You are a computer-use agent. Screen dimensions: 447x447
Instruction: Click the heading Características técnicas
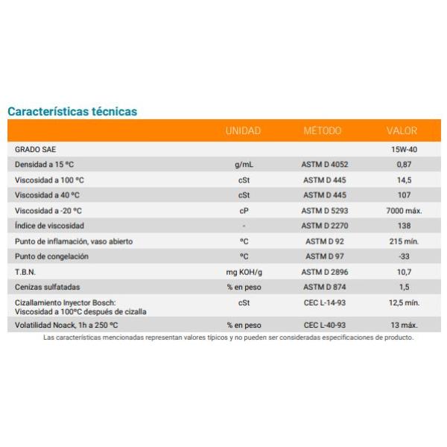click(72, 112)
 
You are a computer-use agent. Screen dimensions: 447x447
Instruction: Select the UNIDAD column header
click(243, 131)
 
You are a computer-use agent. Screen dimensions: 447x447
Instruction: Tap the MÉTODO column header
click(322, 130)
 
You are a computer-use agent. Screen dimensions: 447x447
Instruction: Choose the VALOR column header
click(402, 131)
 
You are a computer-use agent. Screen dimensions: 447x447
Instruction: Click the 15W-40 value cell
click(405, 150)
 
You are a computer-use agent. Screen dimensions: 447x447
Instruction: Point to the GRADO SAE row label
click(35, 150)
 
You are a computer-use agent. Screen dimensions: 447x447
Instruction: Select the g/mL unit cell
click(244, 165)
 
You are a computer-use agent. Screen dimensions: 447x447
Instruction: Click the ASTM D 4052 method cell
click(325, 165)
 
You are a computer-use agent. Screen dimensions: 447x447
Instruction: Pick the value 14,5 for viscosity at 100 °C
click(405, 180)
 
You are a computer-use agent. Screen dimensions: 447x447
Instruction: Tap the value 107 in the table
click(405, 195)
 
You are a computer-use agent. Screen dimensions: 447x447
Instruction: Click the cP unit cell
click(244, 211)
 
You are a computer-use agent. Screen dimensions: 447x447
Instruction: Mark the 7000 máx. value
click(404, 211)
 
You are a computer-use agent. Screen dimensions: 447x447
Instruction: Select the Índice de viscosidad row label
click(49, 226)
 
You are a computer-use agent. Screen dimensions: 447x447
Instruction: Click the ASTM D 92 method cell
click(325, 241)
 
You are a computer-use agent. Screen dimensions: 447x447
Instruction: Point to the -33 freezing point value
click(405, 256)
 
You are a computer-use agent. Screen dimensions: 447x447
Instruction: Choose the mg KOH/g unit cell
click(244, 273)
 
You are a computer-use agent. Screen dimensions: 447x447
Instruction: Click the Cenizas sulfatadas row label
click(48, 287)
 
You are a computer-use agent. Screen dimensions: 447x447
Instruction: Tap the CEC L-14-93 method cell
click(325, 302)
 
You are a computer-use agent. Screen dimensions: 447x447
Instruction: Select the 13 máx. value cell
click(405, 325)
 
